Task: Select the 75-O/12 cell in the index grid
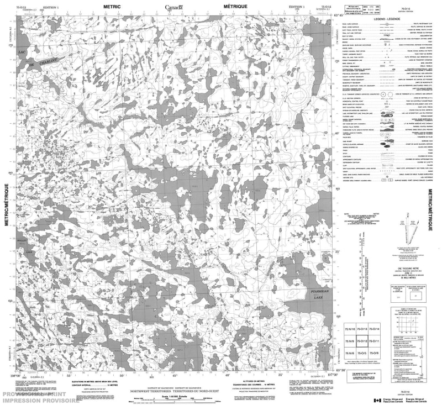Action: tap(362, 341)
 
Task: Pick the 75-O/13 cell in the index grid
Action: tap(362, 329)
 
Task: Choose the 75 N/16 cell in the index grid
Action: tap(350, 329)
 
